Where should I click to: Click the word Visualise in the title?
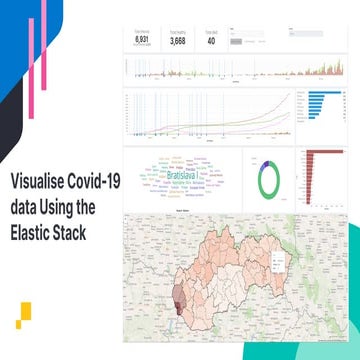[x=38, y=183]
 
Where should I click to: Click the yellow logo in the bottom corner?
[x=24, y=313]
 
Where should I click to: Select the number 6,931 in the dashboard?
[x=142, y=40]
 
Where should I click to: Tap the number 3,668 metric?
[x=177, y=40]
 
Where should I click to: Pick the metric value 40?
[x=210, y=40]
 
